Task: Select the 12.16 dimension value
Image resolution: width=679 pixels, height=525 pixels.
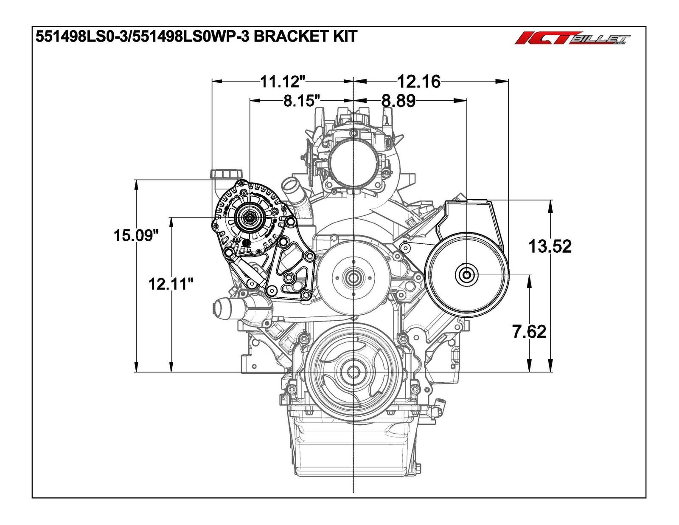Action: click(x=418, y=81)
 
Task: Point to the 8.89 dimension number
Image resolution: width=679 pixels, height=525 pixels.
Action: click(x=398, y=101)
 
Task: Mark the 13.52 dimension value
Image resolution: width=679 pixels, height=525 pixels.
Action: click(x=550, y=246)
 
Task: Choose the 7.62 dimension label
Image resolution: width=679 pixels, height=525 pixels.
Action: click(x=529, y=332)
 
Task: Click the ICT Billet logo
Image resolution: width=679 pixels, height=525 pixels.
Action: click(x=572, y=39)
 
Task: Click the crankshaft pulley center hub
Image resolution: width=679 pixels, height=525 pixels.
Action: click(x=353, y=372)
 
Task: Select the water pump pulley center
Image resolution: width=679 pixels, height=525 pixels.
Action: click(x=353, y=279)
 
